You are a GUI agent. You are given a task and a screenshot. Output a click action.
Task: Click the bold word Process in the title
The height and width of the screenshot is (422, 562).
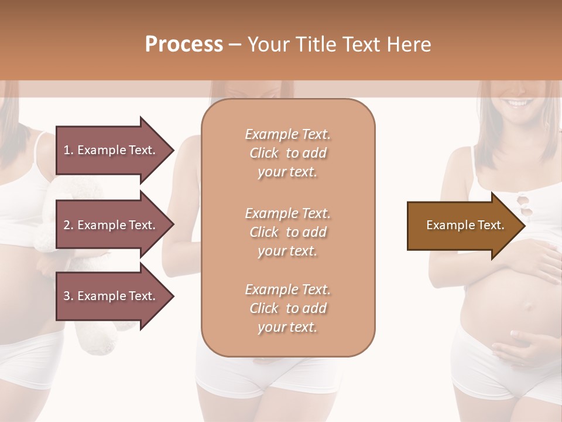[184, 45]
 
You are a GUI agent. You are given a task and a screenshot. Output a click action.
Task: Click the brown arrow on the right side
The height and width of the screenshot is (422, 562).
[465, 226]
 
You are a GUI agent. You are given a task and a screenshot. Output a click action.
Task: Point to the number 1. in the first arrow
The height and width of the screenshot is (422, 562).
[68, 150]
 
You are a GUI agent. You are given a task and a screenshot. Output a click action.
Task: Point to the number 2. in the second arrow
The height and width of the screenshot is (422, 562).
[68, 225]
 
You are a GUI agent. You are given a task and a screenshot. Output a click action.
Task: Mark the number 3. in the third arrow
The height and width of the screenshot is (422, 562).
[68, 296]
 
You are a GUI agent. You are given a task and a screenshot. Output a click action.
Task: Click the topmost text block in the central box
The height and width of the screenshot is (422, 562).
[288, 153]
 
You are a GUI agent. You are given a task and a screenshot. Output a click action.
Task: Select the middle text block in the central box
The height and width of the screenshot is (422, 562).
[288, 232]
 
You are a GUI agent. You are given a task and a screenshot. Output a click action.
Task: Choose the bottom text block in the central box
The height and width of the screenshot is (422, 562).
[288, 308]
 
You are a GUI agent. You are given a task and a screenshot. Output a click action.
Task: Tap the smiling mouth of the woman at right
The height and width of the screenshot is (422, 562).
[517, 104]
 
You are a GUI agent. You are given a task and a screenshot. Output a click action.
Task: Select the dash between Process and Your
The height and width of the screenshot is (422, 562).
[235, 45]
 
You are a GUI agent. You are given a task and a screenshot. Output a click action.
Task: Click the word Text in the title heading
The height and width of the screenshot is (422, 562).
[363, 45]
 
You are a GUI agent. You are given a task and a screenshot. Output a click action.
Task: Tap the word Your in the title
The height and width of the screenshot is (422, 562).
[269, 45]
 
